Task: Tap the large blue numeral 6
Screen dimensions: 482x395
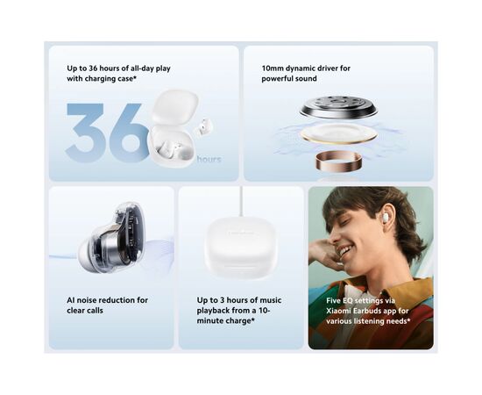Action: (x=128, y=133)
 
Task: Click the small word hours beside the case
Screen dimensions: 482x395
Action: (x=209, y=159)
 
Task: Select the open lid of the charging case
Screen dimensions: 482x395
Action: (x=174, y=106)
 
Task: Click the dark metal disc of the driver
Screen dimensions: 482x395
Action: (x=338, y=107)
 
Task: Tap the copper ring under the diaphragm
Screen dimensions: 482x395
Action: (x=338, y=160)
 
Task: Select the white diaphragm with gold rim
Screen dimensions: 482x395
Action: (x=339, y=133)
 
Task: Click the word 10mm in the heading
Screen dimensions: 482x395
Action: (x=273, y=68)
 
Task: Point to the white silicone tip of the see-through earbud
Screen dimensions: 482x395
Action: (x=87, y=253)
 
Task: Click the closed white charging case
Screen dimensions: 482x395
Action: (x=241, y=247)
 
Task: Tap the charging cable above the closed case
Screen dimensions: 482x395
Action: (x=241, y=202)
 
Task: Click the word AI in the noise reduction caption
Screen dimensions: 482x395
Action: (x=70, y=300)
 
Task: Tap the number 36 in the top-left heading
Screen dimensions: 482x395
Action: (x=93, y=68)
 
